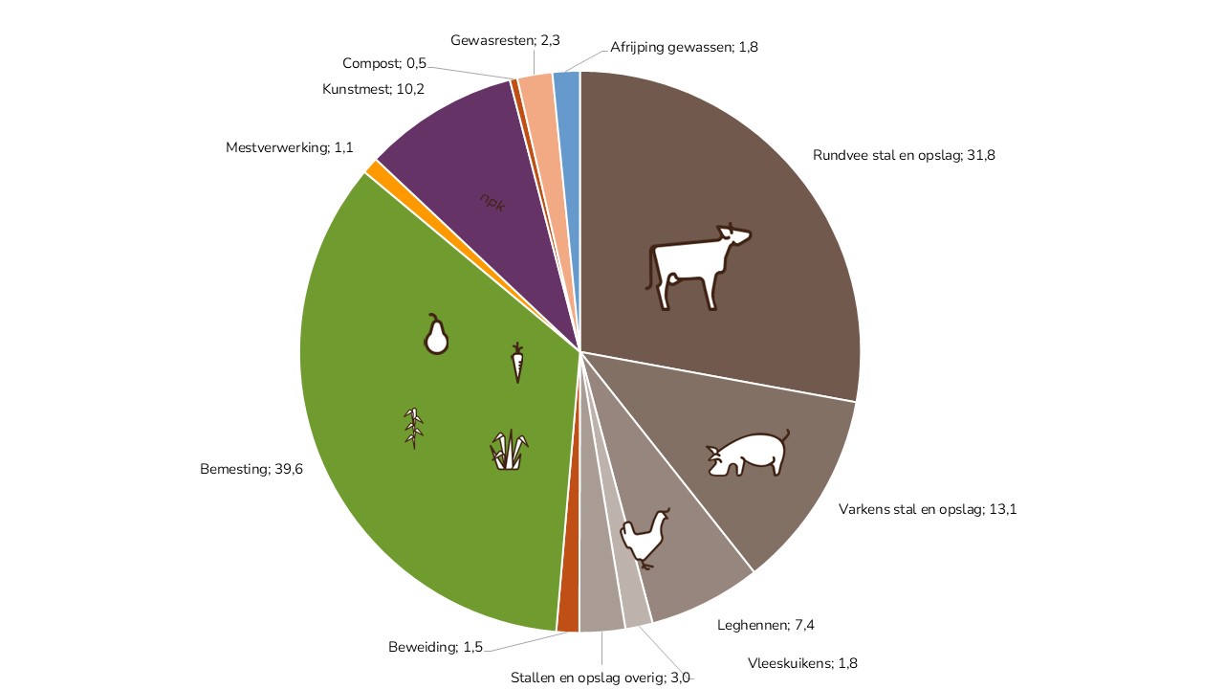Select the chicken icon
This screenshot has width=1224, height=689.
point(645,538)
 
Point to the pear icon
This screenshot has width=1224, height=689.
point(436,335)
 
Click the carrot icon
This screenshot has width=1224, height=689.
point(517,363)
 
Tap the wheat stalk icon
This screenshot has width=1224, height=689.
point(414,428)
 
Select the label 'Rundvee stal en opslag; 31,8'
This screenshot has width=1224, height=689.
point(904,155)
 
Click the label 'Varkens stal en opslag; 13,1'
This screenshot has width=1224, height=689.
point(927,509)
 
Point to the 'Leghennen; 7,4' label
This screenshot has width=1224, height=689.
point(765,626)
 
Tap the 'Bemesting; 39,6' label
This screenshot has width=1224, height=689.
point(251,470)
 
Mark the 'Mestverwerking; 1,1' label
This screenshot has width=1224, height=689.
point(290,147)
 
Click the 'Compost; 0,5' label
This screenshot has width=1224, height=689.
point(384,64)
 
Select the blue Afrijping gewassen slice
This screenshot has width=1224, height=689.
point(567,96)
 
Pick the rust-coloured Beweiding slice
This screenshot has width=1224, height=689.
point(568,617)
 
